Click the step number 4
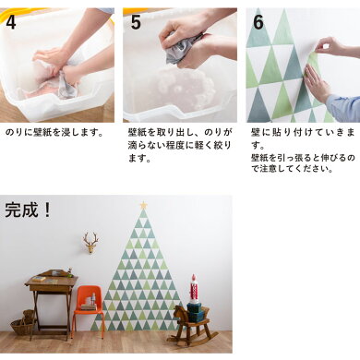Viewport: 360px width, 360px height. (11, 22)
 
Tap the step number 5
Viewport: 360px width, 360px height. (136, 22)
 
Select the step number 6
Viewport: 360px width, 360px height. (258, 22)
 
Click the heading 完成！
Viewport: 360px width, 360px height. (28, 210)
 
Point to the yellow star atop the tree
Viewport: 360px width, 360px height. (143, 205)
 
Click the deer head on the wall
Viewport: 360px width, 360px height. (90, 243)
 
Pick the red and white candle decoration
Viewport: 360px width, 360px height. (194, 288)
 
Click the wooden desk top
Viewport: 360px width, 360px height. (52, 281)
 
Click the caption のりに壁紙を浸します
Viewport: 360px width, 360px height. (54, 133)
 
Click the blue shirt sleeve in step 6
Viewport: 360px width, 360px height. (343, 108)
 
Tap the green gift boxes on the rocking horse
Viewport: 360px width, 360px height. (195, 311)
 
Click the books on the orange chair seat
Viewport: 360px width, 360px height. (89, 306)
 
